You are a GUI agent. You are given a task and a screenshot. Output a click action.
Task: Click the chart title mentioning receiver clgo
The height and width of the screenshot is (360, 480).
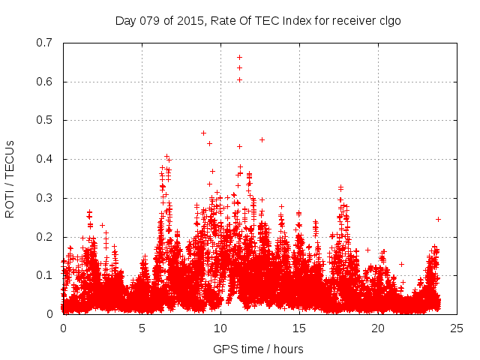(258, 20)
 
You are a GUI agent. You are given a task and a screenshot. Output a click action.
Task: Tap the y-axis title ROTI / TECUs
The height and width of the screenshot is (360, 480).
(10, 178)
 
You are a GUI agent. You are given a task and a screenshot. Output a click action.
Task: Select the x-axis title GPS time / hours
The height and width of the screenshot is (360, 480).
(258, 349)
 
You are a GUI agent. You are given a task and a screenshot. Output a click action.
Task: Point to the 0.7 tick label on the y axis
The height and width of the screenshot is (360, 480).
(46, 43)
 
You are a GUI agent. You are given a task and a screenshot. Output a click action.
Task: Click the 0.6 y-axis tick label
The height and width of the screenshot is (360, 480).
(46, 82)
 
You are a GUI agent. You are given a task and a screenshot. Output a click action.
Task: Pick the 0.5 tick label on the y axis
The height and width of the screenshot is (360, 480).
(46, 120)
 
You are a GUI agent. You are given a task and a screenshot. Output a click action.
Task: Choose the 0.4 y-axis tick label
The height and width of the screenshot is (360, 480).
(46, 159)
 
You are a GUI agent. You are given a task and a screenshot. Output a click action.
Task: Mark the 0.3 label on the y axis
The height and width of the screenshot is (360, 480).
(46, 198)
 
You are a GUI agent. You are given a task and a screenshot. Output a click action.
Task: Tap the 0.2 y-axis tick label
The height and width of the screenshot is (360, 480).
(46, 237)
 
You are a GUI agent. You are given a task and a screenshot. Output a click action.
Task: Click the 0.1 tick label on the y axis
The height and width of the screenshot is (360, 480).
(46, 275)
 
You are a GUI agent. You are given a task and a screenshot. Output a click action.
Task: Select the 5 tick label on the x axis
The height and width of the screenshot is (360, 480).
(142, 328)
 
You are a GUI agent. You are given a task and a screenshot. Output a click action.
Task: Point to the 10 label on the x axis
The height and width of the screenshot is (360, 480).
(220, 328)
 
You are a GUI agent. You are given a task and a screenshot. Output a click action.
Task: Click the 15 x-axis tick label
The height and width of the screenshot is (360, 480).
(298, 328)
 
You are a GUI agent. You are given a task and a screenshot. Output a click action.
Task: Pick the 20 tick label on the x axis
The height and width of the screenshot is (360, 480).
(377, 328)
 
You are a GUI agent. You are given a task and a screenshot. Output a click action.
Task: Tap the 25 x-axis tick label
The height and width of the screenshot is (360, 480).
(456, 328)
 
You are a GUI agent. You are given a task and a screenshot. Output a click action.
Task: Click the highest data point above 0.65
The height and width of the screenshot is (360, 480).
(239, 57)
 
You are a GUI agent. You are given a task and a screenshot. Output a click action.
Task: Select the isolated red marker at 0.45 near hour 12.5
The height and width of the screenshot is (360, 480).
(262, 139)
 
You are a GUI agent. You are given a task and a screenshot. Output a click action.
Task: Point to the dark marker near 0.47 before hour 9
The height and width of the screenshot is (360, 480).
(203, 133)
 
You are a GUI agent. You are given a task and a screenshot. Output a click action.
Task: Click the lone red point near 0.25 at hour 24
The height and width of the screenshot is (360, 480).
(438, 219)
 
